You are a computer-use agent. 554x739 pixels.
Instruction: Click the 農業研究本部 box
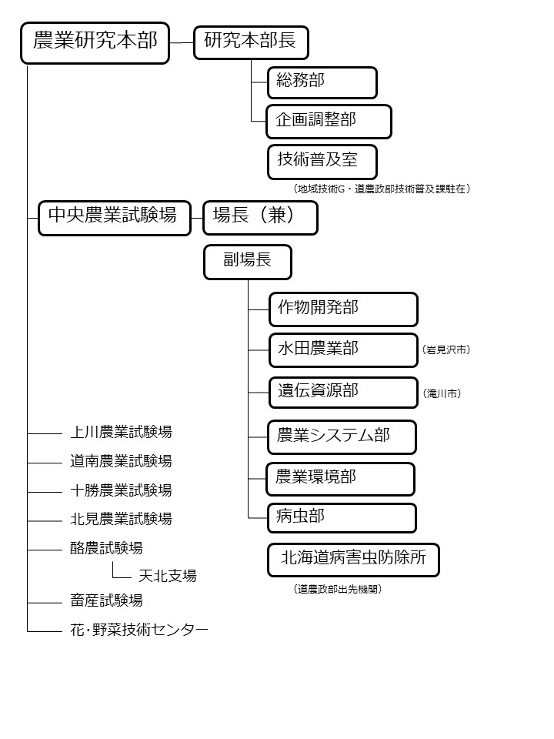point(95,42)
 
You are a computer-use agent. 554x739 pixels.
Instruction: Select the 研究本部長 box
point(251,42)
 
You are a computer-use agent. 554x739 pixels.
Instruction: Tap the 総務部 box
point(322,82)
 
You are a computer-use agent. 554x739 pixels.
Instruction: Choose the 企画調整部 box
point(329,122)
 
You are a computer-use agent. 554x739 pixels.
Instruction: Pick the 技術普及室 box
point(322,162)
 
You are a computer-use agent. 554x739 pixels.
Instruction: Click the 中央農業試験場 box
point(114,217)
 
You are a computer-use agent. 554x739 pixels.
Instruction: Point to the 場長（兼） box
point(260,217)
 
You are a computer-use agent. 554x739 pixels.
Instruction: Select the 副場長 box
point(248,262)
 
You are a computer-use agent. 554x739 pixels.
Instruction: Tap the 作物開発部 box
point(343,309)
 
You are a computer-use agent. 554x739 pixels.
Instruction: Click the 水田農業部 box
point(343,350)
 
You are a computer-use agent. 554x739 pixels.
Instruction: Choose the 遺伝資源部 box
point(343,392)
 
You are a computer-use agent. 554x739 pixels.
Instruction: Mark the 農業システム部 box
point(342,436)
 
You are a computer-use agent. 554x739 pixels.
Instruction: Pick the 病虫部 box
point(342,517)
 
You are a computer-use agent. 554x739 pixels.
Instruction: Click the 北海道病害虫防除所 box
point(353,559)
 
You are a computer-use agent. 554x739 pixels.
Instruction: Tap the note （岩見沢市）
point(446,350)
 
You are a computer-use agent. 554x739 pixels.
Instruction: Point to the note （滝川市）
point(442,393)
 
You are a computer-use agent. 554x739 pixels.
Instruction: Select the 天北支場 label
point(167,575)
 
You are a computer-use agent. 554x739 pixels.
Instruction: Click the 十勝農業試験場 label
point(121,490)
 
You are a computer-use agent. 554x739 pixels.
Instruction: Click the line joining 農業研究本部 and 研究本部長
point(182,42)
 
